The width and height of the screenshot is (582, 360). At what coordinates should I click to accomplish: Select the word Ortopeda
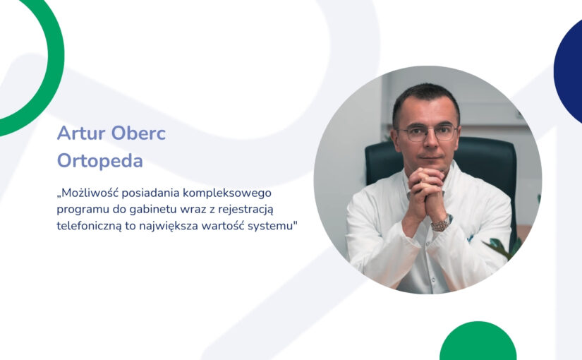pos(99,161)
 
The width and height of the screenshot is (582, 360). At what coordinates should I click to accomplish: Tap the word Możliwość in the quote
pos(92,193)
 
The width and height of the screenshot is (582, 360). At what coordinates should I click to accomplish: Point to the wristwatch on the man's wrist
pos(441,223)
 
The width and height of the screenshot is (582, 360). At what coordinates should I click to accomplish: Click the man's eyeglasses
pos(428,133)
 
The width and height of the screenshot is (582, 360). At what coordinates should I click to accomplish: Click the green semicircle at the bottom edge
pos(478,342)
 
